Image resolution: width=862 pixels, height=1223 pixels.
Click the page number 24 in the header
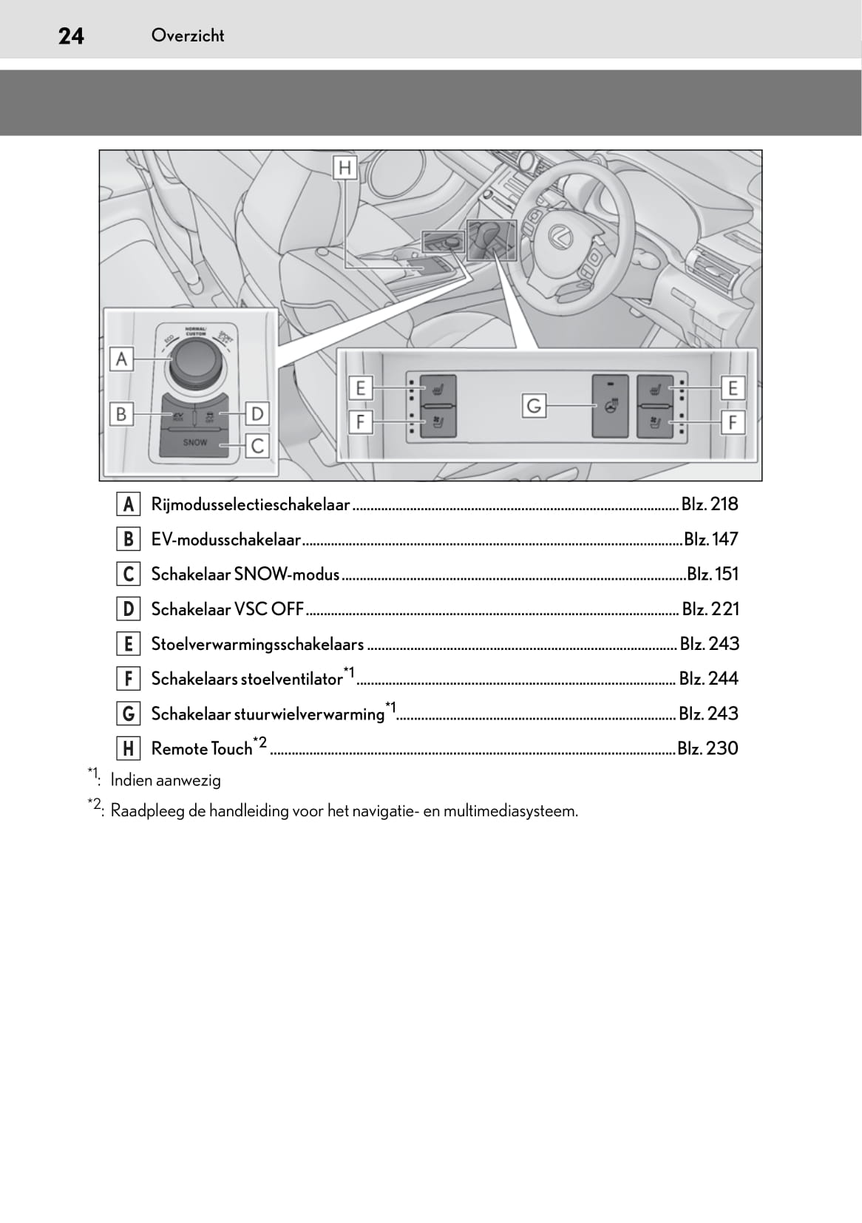coord(71,36)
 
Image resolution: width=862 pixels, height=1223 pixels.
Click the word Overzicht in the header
coord(188,35)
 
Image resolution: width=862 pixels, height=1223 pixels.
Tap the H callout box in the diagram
coord(345,169)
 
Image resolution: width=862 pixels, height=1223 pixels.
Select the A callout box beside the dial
coord(122,359)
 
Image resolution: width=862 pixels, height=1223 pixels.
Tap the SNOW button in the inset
coord(195,443)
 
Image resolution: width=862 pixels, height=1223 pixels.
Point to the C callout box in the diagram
coord(257,446)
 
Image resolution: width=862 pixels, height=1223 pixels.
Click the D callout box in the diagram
coord(257,413)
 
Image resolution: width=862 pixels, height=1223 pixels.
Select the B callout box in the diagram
coord(122,413)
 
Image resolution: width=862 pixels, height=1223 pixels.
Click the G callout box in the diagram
coord(533,405)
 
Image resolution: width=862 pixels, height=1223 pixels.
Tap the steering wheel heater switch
coord(610,406)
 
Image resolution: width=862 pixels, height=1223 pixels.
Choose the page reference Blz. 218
coord(710,504)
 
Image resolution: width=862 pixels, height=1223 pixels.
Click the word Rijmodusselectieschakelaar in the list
coord(250,504)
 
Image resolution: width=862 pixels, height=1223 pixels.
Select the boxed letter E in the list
coord(128,644)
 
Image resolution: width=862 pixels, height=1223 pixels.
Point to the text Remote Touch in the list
coord(202,749)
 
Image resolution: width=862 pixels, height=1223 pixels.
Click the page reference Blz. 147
coord(711,539)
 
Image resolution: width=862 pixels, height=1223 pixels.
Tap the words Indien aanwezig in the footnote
coord(166,780)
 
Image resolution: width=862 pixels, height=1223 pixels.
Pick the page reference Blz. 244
coord(709,679)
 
